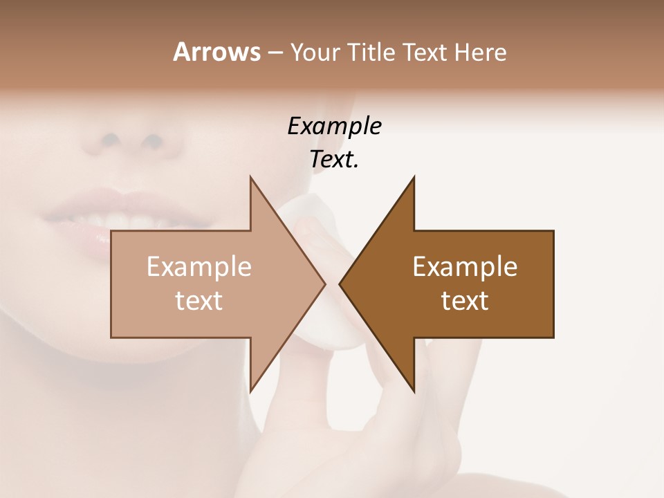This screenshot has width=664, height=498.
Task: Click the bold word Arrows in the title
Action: [216, 52]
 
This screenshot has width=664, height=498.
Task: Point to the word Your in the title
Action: [315, 53]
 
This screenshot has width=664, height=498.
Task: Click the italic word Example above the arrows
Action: [335, 126]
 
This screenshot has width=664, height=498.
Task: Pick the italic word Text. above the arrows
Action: [335, 160]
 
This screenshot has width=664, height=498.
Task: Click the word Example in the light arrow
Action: [199, 266]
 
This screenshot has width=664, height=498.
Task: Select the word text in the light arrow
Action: [199, 301]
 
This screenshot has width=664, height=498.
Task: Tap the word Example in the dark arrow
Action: [465, 266]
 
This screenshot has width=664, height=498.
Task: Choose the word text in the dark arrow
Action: [465, 301]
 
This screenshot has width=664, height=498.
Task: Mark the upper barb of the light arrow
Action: [253, 184]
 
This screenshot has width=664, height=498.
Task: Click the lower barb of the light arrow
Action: [253, 384]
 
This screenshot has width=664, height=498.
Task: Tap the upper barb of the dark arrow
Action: [412, 184]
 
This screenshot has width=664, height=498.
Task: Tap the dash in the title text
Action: [275, 53]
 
